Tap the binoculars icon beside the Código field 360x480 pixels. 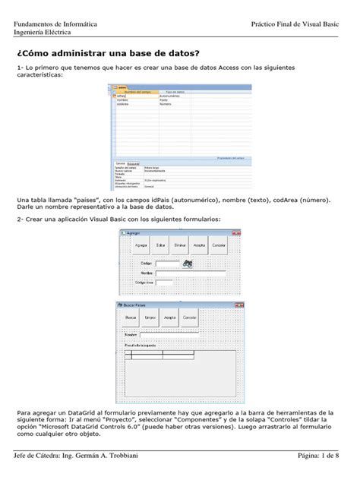click(188, 263)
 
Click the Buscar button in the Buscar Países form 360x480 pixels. click(132, 317)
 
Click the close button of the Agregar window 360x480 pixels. click(235, 233)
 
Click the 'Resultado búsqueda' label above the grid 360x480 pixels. click(141, 345)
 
